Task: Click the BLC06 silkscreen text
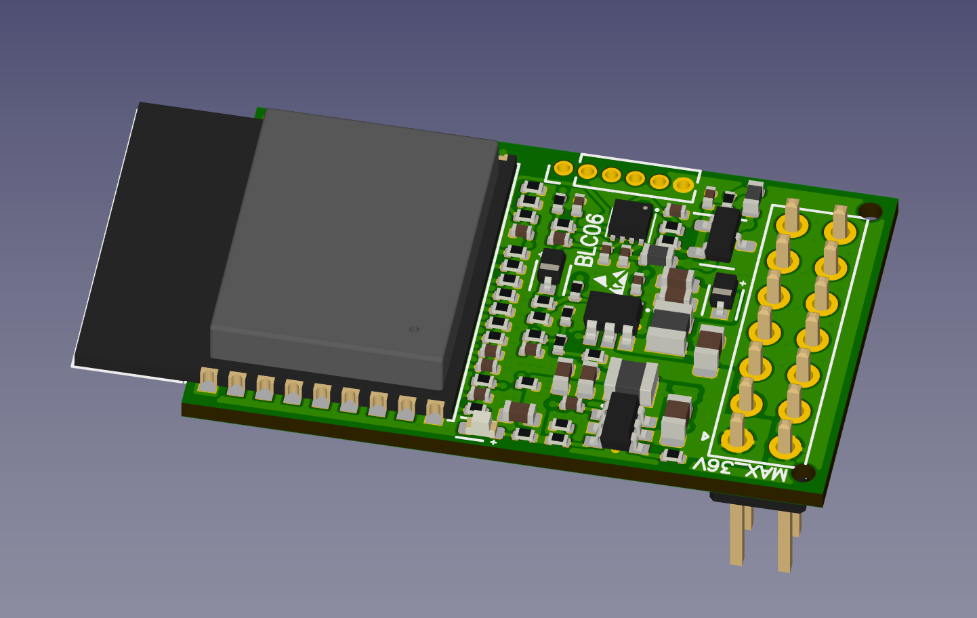point(589,239)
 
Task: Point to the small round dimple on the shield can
point(415,329)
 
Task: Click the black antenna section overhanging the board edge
point(166,240)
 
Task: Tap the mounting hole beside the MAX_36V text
point(804,473)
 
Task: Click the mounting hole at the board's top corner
point(870,211)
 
